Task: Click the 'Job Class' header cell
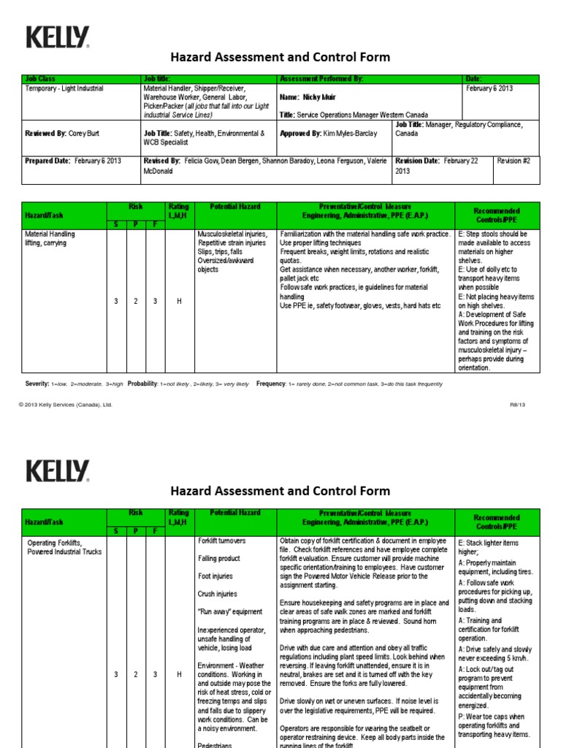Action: pos(40,79)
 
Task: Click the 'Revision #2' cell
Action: pos(517,161)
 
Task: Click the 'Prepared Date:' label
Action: pos(48,161)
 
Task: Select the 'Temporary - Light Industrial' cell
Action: pos(64,88)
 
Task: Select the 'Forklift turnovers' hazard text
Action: pos(222,541)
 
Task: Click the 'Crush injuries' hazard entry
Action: pos(218,594)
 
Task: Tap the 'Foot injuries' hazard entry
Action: pos(216,576)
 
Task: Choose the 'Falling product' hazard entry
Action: pos(220,559)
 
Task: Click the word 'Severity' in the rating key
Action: pos(37,383)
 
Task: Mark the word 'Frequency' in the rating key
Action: pos(271,383)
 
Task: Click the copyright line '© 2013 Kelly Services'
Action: pos(66,404)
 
